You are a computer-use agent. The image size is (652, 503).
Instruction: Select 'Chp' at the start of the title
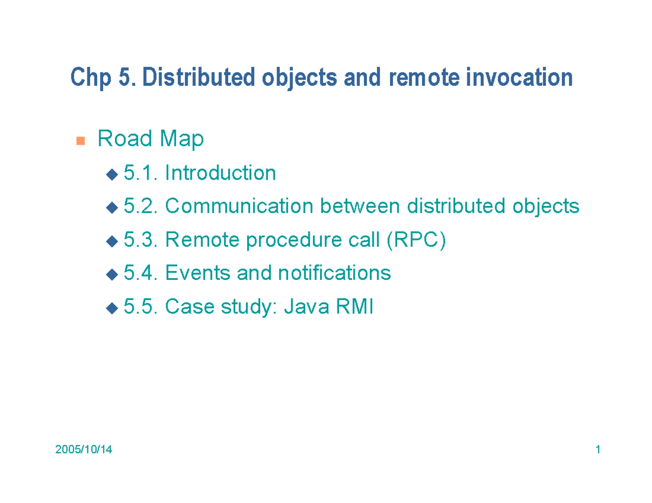(89, 78)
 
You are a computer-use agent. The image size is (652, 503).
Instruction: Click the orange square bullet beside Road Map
(80, 141)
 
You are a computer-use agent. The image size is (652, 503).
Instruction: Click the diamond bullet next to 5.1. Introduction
(111, 174)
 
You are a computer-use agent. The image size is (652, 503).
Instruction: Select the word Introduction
(220, 174)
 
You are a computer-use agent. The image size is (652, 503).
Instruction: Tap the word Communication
(239, 207)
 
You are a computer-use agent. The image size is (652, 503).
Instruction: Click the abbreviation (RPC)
(416, 240)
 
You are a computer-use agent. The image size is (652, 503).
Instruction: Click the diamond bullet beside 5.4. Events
(111, 274)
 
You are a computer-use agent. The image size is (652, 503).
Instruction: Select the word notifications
(334, 273)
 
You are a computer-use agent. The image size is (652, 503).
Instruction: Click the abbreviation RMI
(355, 307)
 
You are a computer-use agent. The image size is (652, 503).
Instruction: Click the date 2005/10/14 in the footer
(84, 450)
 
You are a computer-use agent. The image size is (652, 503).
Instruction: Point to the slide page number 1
(598, 450)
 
